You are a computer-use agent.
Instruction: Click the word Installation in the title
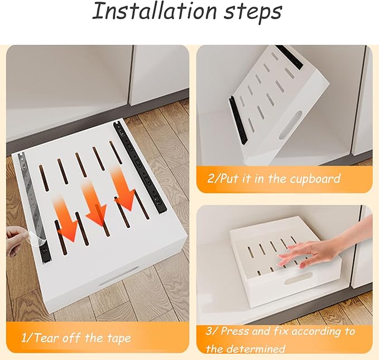coord(154,11)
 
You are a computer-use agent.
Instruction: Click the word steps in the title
coord(253,13)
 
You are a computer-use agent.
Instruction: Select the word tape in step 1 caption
coord(119,338)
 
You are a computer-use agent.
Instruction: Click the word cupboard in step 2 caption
coord(315,179)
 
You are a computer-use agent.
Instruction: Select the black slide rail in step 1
coord(140,167)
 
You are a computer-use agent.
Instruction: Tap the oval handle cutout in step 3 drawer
coord(298,279)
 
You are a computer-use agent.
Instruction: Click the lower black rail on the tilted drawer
coord(238,120)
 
